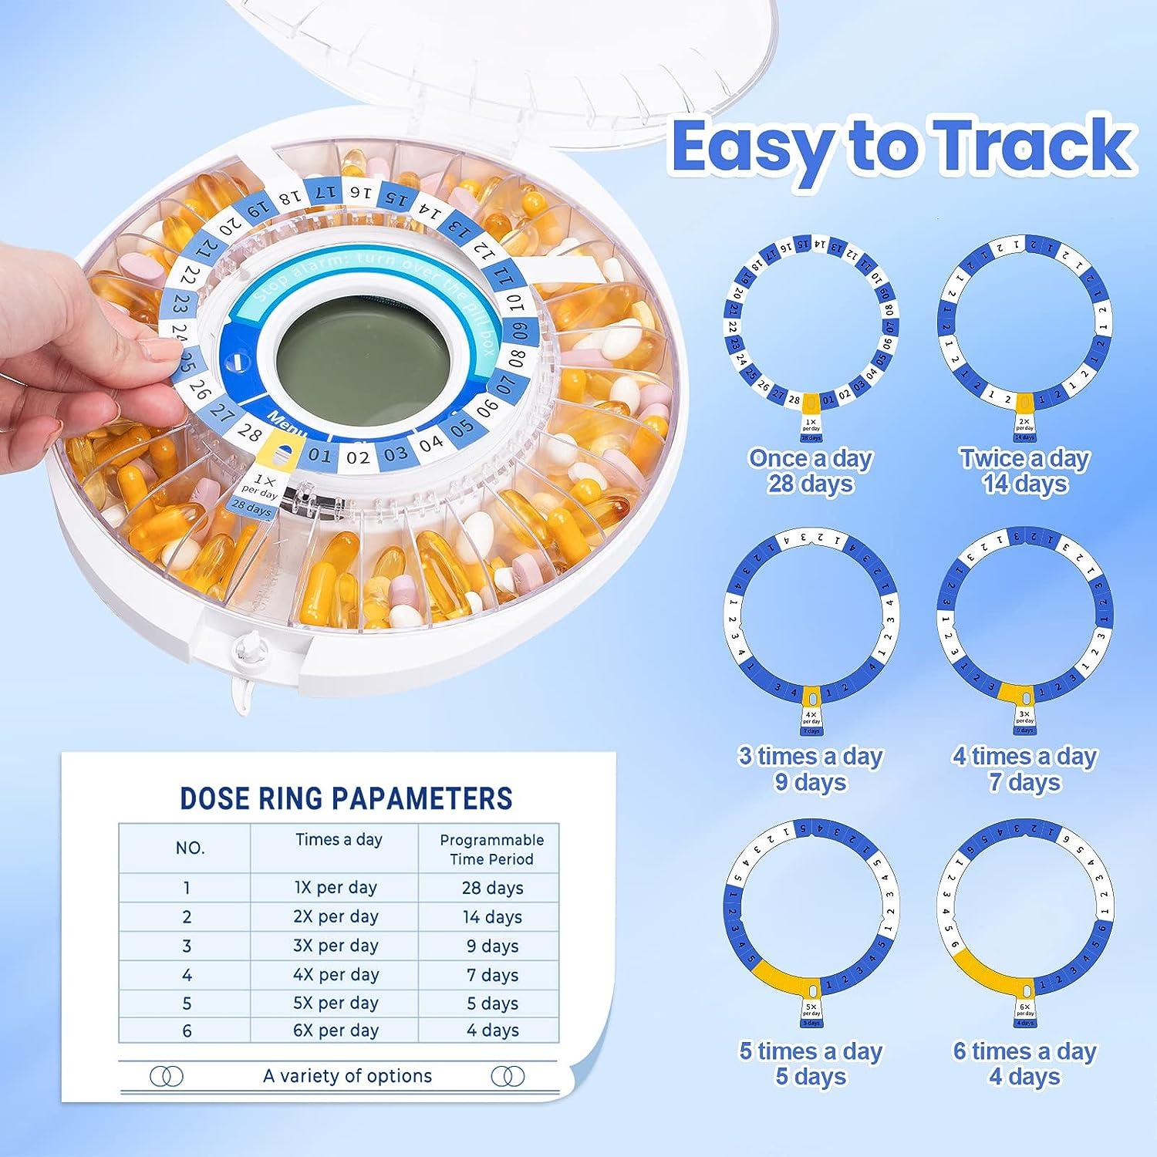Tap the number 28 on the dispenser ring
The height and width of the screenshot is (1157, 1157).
pos(248,432)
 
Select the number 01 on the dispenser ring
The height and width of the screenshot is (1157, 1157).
pos(319,455)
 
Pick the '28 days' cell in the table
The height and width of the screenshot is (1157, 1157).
pos(492,888)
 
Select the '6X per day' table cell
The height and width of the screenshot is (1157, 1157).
pos(336,1031)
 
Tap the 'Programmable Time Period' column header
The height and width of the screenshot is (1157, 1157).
pos(491,849)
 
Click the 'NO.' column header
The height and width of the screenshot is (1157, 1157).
pos(190,848)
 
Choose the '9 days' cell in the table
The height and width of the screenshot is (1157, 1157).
pos(492,946)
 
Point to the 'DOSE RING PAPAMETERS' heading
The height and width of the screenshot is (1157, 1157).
pos(346,798)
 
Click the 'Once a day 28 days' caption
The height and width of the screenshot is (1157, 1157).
pos(810,471)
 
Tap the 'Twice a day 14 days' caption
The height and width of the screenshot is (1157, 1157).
pos(1024,471)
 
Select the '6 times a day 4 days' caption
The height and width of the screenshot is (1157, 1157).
pos(1024,1064)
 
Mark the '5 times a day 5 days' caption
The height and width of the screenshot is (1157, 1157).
pos(810,1064)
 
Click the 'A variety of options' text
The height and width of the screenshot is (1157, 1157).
pos(347,1076)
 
